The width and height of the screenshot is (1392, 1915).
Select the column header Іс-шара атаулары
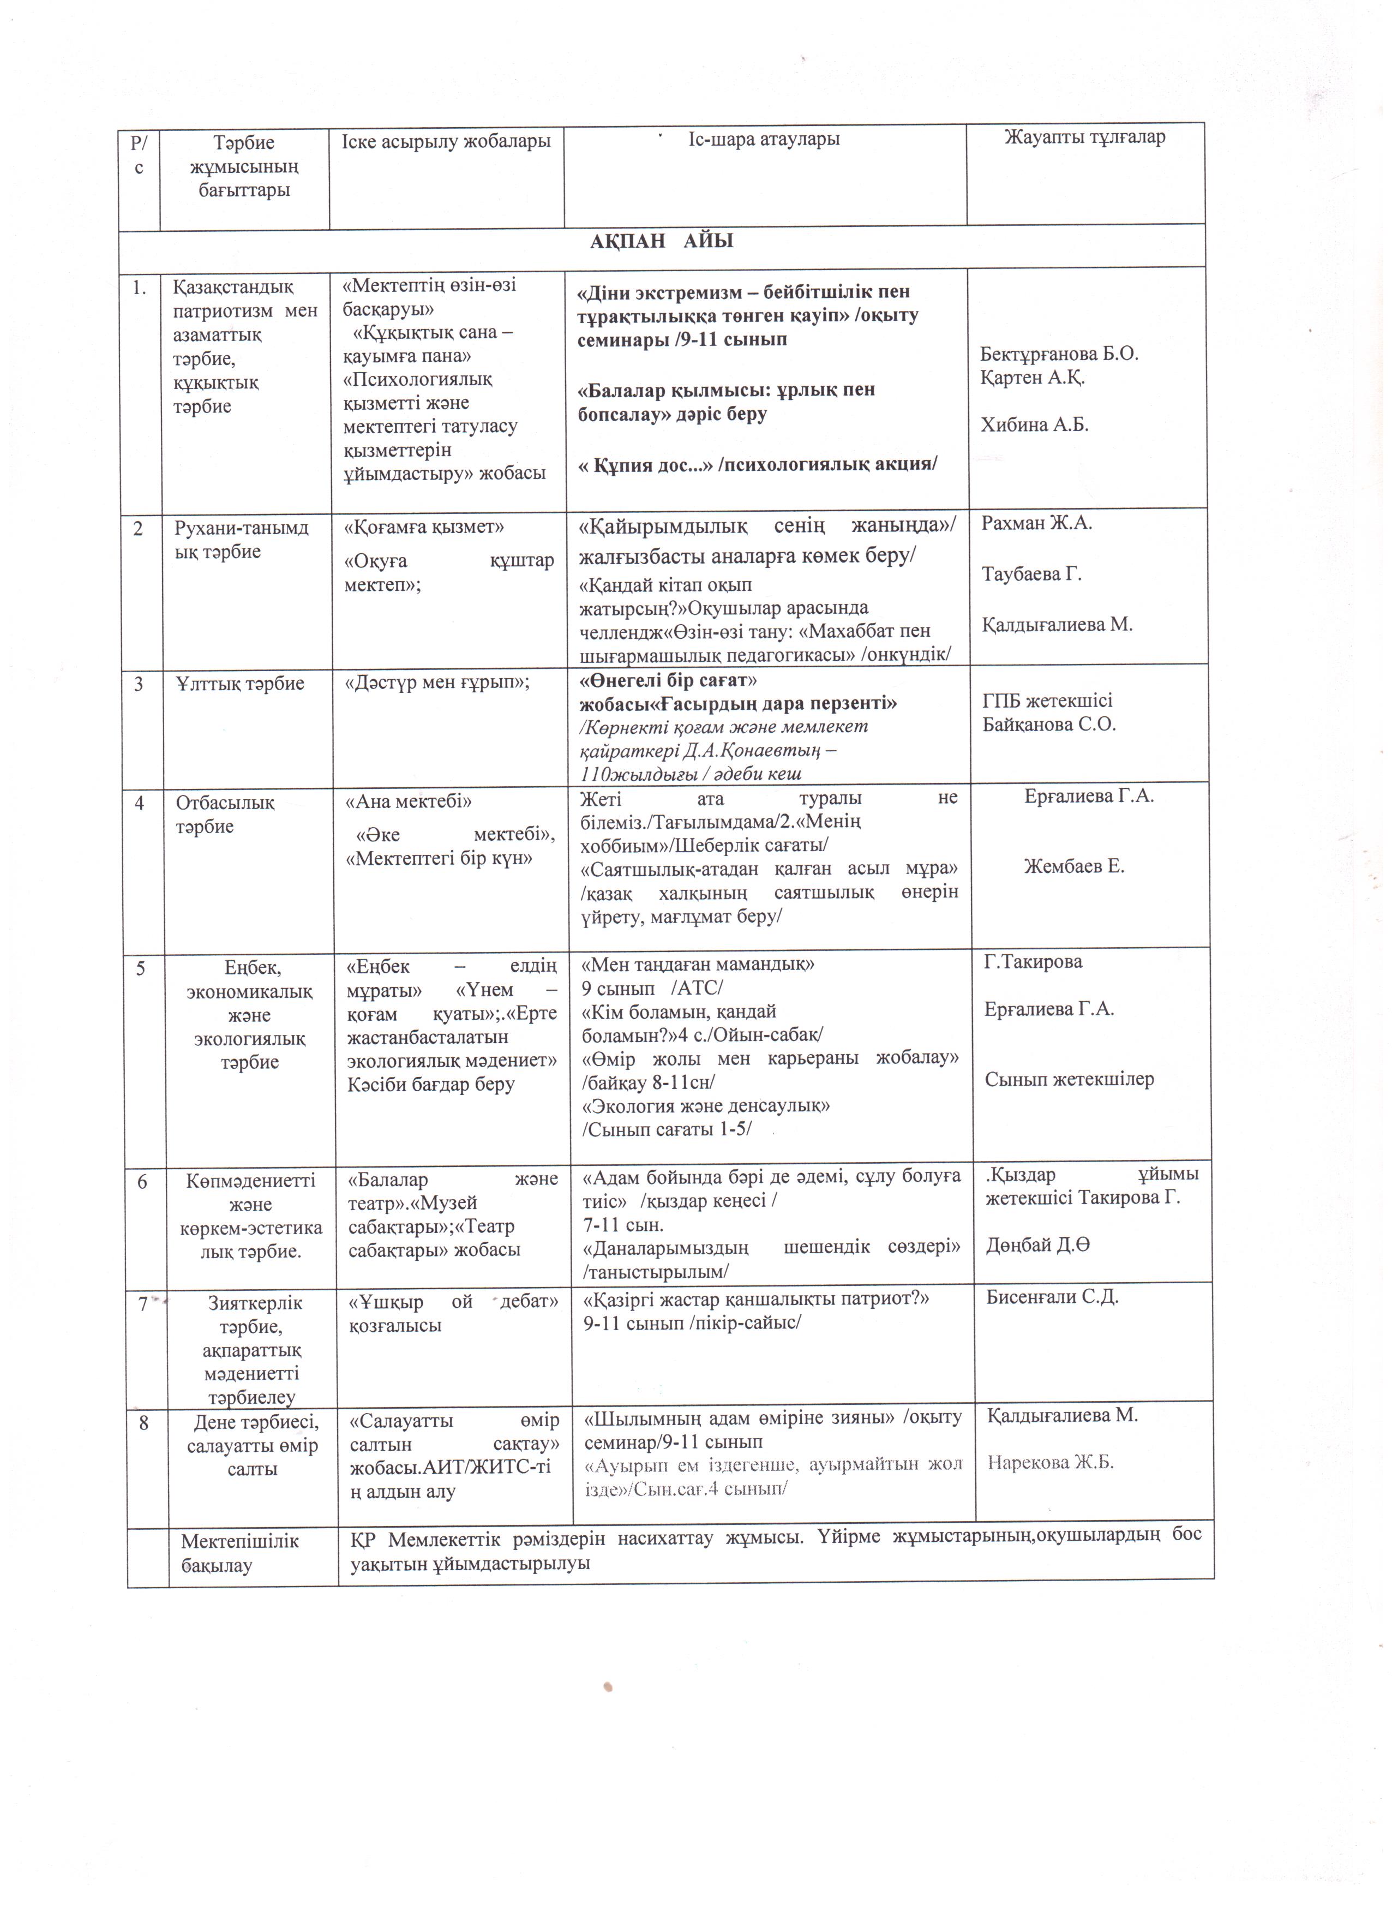tap(764, 139)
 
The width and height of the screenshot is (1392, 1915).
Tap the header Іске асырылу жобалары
tap(446, 141)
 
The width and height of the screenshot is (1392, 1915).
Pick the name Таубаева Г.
tap(1031, 574)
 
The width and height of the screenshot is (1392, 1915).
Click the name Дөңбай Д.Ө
tap(1037, 1246)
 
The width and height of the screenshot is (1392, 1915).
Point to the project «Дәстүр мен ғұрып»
tap(437, 684)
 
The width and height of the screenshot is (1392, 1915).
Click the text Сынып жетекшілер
tap(1069, 1079)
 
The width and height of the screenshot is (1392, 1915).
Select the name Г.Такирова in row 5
tap(1033, 962)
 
